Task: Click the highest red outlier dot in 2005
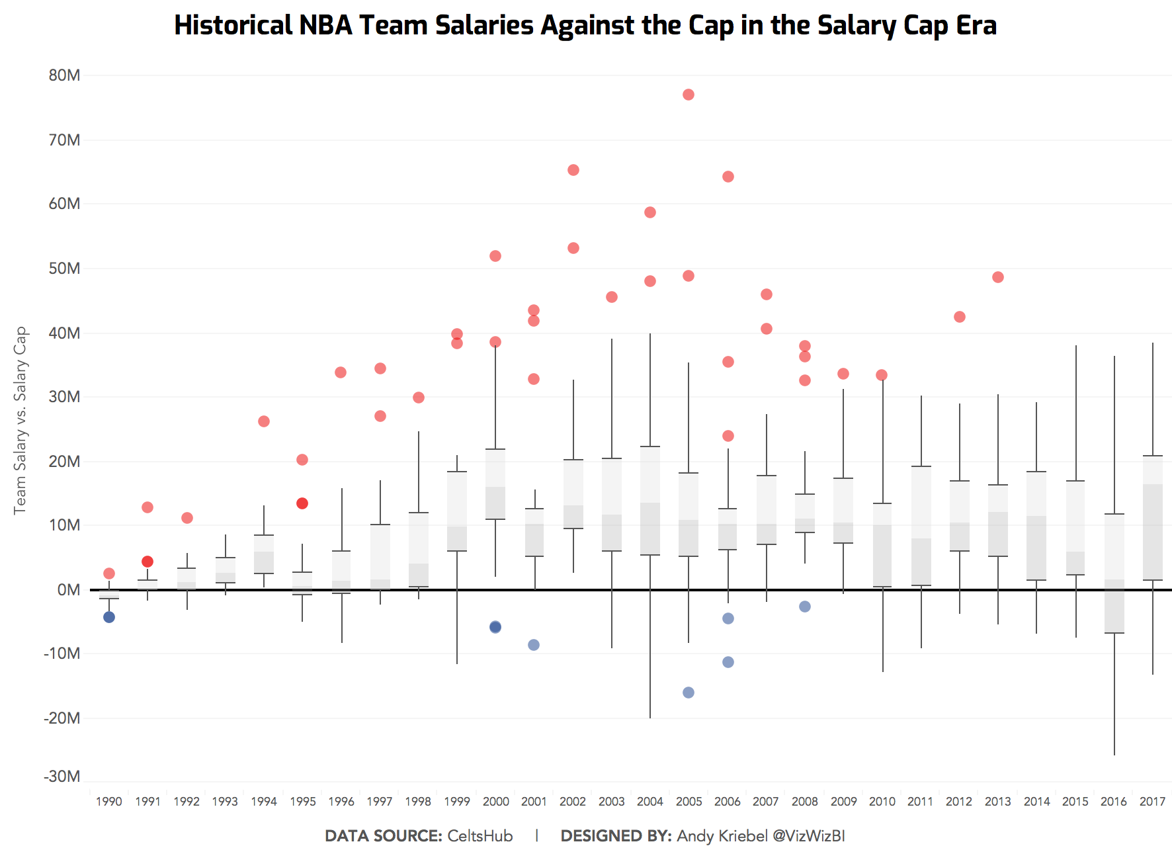tap(688, 95)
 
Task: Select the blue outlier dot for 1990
tap(109, 617)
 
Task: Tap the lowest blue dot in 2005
tap(688, 693)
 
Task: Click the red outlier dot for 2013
tap(997, 277)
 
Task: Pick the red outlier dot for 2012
tap(959, 317)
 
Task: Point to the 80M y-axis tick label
tap(64, 75)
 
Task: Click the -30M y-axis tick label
tap(62, 776)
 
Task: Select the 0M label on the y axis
tap(68, 589)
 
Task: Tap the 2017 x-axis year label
tap(1152, 802)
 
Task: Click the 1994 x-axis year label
tap(263, 802)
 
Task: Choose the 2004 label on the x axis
tap(649, 802)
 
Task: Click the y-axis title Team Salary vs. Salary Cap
tap(21, 420)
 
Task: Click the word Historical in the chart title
tap(233, 25)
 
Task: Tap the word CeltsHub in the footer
tap(480, 835)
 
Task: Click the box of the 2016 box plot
tap(1114, 573)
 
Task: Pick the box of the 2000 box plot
tap(495, 484)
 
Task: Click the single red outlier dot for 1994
tap(263, 421)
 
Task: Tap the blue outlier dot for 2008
tap(804, 607)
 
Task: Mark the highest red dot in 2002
tap(573, 170)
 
